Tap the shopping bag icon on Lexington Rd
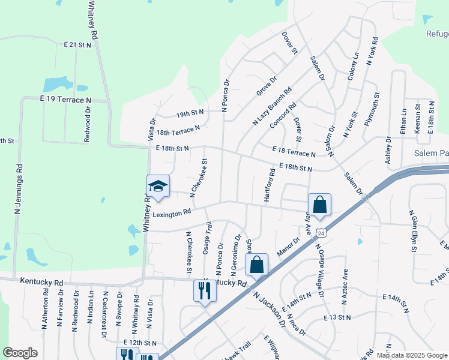click(x=319, y=204)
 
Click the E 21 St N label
click(x=77, y=45)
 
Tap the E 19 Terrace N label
click(x=66, y=99)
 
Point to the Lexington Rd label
click(x=172, y=212)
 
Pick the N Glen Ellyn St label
click(x=412, y=231)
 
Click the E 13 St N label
click(x=337, y=316)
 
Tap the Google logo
click(x=20, y=353)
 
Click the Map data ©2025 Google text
click(x=412, y=355)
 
